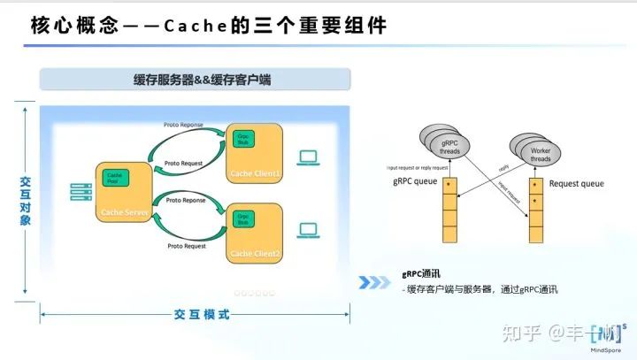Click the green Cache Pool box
[115, 177]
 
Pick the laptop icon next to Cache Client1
[308, 158]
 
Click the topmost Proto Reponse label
[184, 126]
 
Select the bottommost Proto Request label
[185, 246]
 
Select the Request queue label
[576, 184]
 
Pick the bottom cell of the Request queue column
[535, 234]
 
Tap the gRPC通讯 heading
[422, 274]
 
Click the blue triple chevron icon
[374, 282]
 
